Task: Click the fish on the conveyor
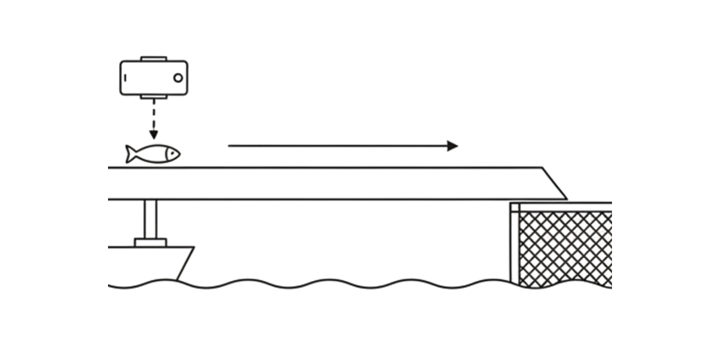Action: (153, 154)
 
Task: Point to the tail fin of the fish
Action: (131, 154)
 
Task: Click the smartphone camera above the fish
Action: (154, 77)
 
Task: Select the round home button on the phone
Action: (178, 77)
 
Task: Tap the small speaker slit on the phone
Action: (126, 77)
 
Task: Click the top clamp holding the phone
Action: (154, 59)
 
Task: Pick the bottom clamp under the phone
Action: (154, 97)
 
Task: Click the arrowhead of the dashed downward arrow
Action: (154, 135)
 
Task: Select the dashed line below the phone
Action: (154, 114)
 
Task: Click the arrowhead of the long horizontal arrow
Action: (452, 146)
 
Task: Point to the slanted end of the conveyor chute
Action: (554, 183)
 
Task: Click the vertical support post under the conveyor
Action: (151, 219)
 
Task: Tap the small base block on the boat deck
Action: (151, 242)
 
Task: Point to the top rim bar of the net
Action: (564, 207)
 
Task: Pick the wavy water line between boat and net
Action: (348, 283)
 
